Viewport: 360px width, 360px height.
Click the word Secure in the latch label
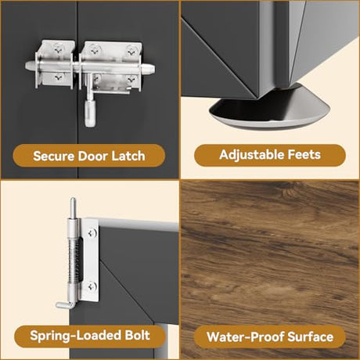54,156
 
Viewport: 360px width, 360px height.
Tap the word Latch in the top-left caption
128,156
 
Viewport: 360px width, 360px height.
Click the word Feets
304,155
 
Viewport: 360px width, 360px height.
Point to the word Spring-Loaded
75,336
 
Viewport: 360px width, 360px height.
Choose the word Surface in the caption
311,337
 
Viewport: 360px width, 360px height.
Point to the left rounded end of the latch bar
28,66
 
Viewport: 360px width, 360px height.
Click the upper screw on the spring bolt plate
92,232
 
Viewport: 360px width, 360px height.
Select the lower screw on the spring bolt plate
92,286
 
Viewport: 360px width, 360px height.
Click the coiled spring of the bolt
75,261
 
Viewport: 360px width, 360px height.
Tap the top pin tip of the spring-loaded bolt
73,200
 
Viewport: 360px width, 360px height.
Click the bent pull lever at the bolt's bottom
65,304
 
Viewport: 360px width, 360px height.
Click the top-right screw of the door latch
131,51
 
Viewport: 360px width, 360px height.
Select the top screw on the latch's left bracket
58,49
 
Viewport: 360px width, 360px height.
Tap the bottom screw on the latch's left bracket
59,77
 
